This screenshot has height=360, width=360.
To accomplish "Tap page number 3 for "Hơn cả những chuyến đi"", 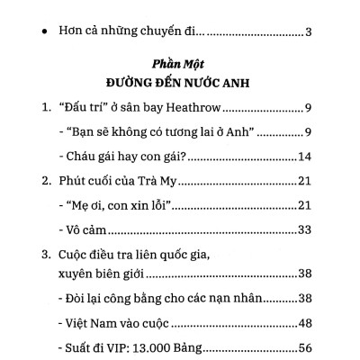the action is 307,33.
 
